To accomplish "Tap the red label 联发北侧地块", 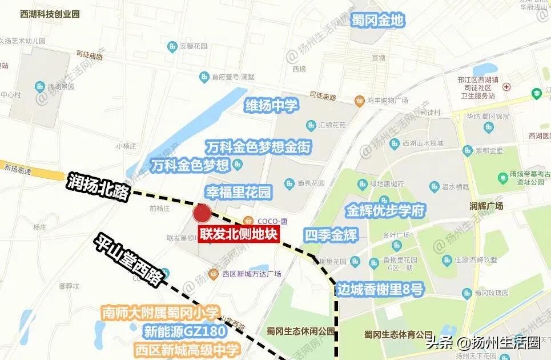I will tap(238, 235).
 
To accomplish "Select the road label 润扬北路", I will tap(99, 186).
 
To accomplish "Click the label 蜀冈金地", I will tap(377, 21).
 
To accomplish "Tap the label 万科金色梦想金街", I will tap(259, 147).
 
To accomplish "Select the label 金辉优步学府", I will tap(386, 210).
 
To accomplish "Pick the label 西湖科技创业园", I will tap(49, 13).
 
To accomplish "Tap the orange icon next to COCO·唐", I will tap(248, 221).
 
